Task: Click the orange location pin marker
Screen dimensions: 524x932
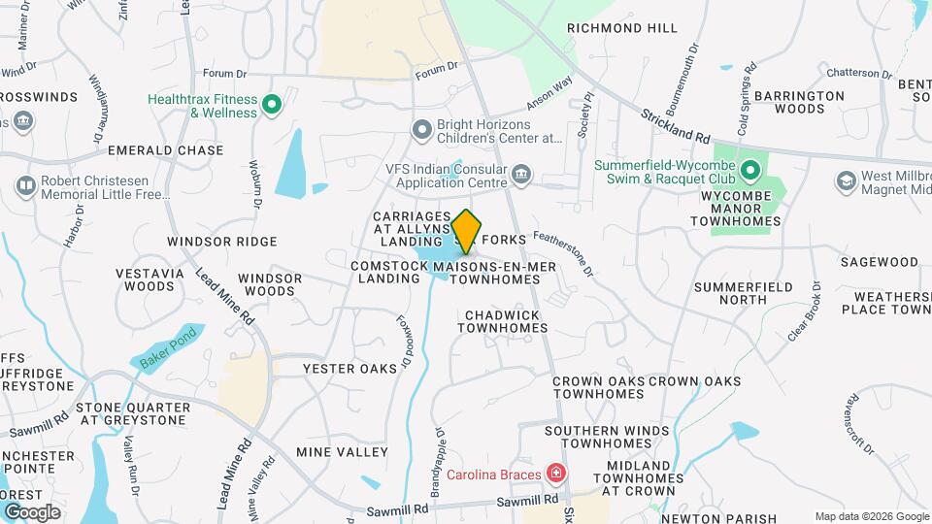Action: (466, 231)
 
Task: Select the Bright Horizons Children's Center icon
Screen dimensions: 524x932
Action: (421, 129)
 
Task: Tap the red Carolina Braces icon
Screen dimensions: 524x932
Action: (555, 475)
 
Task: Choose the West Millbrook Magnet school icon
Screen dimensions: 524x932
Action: (846, 181)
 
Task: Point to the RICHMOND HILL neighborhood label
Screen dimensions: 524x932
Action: (622, 28)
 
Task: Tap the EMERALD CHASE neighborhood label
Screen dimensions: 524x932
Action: (165, 150)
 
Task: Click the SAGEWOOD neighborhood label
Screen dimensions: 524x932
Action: (879, 262)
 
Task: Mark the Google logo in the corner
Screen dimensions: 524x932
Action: (32, 511)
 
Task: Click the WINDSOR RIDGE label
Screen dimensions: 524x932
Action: (222, 241)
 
